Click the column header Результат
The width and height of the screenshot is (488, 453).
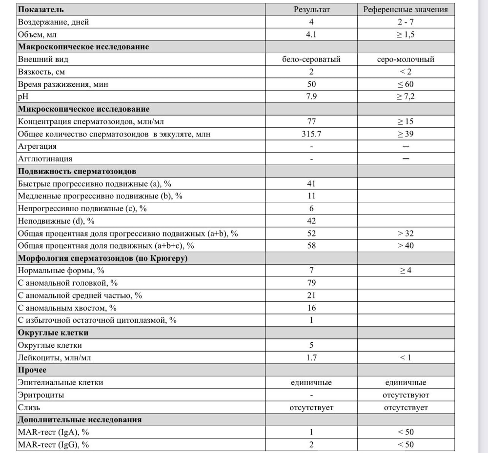(x=311, y=10)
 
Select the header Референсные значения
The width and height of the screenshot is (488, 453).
(x=406, y=10)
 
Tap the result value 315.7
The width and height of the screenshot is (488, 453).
(x=312, y=134)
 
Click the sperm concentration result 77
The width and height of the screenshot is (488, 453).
(x=312, y=121)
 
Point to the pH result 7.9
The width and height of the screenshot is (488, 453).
(x=312, y=97)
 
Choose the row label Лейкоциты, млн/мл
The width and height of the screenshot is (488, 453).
(x=54, y=358)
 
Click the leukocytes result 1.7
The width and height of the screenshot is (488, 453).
(x=312, y=358)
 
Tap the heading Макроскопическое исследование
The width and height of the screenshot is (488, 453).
(x=83, y=47)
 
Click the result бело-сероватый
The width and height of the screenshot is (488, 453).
(x=311, y=59)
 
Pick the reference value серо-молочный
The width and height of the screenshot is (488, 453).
(x=406, y=59)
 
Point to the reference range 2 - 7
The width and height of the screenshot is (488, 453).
(x=406, y=22)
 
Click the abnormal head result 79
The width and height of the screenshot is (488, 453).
(x=312, y=283)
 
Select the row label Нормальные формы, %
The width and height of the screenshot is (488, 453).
(x=61, y=270)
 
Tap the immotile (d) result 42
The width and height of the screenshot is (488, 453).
(x=312, y=221)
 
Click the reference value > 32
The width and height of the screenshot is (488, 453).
(x=406, y=234)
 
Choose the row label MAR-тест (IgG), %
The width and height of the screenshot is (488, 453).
(x=54, y=445)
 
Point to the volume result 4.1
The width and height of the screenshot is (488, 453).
(x=312, y=35)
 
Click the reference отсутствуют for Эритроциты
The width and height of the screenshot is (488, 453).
(x=406, y=395)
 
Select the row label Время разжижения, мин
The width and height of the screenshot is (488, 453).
(x=63, y=84)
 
